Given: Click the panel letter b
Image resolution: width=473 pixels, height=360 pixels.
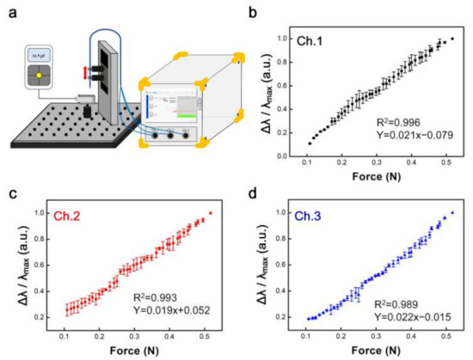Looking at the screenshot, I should pos(253,11).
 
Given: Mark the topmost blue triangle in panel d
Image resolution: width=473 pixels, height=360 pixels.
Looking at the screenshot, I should pos(451,211).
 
